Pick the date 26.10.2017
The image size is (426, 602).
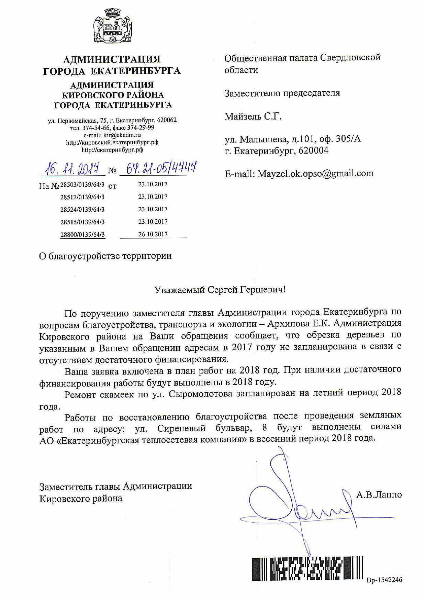click(153, 234)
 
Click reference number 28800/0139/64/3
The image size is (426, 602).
click(82, 235)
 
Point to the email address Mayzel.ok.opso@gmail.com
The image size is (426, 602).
click(314, 174)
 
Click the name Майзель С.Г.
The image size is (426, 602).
click(253, 116)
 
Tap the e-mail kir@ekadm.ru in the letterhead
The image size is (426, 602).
click(122, 135)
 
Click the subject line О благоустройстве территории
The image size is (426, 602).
click(105, 256)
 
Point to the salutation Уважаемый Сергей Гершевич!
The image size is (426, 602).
click(220, 290)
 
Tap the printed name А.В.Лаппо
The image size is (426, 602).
click(379, 495)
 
